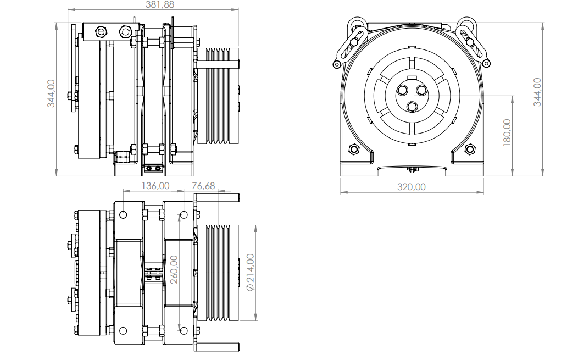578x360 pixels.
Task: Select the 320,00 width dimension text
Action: click(412, 187)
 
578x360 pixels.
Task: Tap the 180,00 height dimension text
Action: click(507, 132)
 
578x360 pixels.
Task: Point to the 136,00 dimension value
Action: click(155, 186)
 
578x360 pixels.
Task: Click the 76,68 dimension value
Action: click(203, 186)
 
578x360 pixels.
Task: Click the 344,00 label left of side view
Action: click(51, 93)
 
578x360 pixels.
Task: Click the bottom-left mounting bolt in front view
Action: click(354, 149)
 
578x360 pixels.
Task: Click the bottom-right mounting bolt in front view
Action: click(470, 149)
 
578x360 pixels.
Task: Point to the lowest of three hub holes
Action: click(412, 106)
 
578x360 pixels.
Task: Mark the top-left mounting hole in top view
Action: click(123, 214)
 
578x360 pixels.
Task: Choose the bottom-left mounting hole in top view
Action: click(123, 330)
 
